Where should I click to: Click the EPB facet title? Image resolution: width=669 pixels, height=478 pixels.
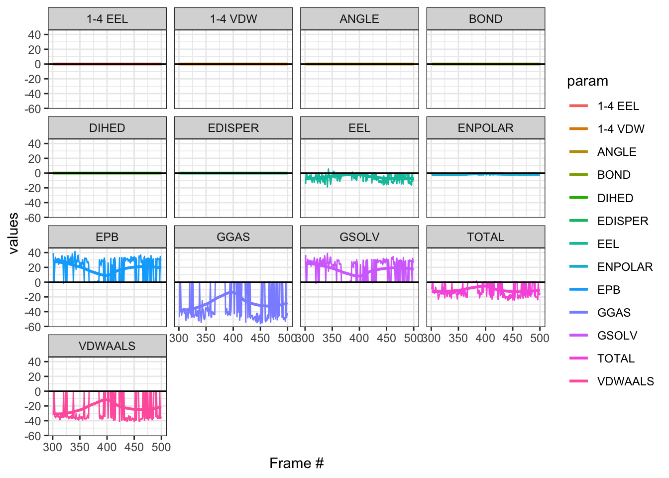tap(107, 237)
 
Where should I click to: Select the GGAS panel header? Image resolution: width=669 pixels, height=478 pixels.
tap(233, 237)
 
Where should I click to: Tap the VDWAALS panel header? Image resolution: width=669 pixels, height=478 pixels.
tap(107, 346)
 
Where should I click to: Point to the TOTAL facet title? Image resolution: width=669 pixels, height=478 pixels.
tap(485, 237)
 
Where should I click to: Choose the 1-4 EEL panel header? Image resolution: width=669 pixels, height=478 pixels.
tap(107, 19)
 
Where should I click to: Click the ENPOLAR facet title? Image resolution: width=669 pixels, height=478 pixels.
tap(485, 128)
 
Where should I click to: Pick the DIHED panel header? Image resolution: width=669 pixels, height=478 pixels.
tap(107, 128)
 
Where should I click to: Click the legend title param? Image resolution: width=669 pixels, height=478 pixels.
tap(587, 81)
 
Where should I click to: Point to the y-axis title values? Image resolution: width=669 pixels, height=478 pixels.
tap(13, 233)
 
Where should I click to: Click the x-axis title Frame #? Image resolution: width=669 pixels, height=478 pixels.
tap(296, 464)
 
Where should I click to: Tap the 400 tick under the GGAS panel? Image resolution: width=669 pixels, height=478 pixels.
tap(233, 338)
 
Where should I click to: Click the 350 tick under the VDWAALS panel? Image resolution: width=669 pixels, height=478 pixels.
tap(80, 447)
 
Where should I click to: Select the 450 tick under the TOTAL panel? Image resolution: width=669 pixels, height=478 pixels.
tap(512, 338)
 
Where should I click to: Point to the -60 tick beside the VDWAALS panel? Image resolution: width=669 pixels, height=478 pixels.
tap(34, 436)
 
